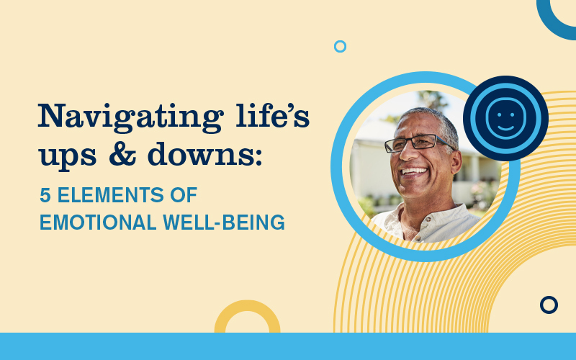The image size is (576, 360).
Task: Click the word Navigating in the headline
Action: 131,117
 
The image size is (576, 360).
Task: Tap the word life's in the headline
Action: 273,115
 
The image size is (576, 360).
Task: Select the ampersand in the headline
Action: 122,153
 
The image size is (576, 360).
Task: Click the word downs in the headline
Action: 201,153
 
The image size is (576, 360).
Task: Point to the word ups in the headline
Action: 68,157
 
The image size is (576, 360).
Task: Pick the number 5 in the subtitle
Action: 45,195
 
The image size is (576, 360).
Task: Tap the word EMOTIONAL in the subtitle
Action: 98,222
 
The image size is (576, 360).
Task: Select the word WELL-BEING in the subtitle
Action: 224,222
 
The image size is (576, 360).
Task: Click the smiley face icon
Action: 505,118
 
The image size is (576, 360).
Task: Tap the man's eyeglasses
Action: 418,143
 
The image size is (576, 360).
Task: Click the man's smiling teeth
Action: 415,171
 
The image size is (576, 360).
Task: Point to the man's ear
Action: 456,161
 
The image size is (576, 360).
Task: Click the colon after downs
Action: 259,156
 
